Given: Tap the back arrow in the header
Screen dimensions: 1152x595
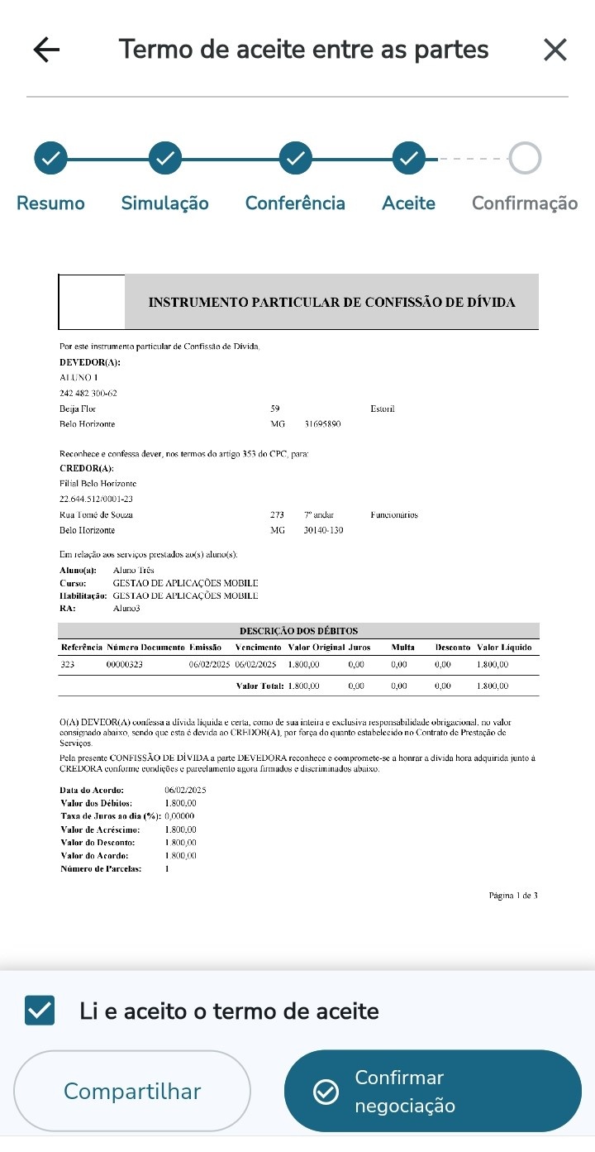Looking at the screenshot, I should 46,50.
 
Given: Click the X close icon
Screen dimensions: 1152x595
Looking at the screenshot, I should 555,50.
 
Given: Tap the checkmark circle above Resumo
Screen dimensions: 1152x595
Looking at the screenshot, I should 50,158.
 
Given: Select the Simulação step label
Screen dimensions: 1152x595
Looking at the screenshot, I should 164,203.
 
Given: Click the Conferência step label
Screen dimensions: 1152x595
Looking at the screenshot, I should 295,203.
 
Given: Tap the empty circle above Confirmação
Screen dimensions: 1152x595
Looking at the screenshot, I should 525,158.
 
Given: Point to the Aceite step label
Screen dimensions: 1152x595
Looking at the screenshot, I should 408,203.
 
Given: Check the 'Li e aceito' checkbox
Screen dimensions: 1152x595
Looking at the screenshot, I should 40,1011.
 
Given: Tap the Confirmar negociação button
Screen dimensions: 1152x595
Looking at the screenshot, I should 432,1091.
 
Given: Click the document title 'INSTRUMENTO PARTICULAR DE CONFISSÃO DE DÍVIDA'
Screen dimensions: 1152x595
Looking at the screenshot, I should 331,303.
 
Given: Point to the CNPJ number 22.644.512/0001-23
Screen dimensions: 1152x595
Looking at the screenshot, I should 96,500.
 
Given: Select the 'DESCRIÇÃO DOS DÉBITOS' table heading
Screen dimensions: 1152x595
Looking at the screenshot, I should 298,631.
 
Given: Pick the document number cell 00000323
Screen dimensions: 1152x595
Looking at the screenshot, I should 125,664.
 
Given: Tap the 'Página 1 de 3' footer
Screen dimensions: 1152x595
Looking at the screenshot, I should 513,895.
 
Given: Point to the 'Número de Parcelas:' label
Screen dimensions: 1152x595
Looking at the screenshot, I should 101,869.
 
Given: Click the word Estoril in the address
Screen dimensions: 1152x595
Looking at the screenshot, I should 383,409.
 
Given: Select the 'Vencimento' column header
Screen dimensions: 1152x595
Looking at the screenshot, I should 258,647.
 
